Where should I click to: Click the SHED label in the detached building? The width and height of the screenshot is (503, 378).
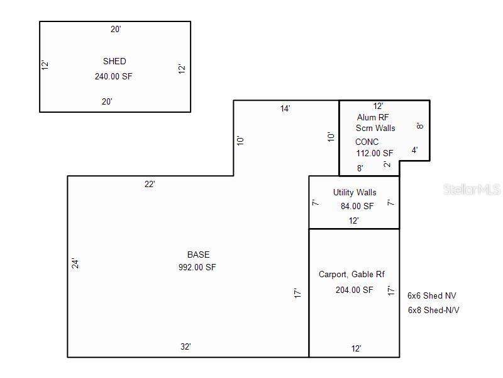coord(114,61)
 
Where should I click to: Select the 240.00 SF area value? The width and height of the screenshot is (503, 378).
coord(114,76)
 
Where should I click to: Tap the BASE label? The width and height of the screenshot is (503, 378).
coord(198,255)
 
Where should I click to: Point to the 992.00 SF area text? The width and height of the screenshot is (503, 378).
coord(198,267)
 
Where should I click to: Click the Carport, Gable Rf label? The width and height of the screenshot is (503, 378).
coord(351,274)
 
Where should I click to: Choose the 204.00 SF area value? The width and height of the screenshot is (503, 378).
coord(354,290)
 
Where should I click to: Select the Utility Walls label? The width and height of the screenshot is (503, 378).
coord(355,192)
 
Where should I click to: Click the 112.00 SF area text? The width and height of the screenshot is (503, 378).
coord(374,153)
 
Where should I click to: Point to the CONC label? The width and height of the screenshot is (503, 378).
coord(367,142)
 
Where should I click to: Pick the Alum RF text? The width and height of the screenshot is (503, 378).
coord(373,117)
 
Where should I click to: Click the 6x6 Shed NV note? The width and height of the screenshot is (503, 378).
coord(432,295)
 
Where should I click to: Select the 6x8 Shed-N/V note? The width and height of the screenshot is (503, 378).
coord(434,310)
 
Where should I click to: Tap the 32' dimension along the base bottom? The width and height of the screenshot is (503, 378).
coord(185,346)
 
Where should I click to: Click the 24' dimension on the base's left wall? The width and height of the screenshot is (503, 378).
coord(74,264)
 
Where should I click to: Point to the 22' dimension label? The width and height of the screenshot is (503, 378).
coord(149,184)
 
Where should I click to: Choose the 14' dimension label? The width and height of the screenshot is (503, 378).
coord(285,108)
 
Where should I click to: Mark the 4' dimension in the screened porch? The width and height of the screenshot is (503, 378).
coord(414,150)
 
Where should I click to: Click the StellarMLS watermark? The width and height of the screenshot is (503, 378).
coord(471,189)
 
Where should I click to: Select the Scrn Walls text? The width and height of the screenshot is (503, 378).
coord(375,128)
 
